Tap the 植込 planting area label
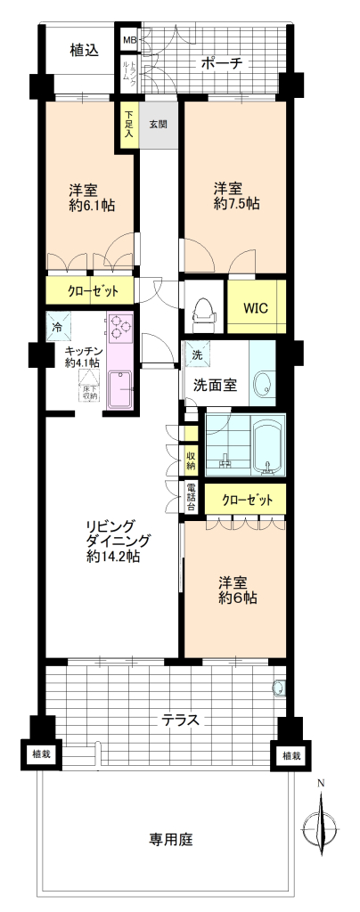[x=84, y=50]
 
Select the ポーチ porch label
[x=221, y=63]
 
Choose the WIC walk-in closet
[x=257, y=306]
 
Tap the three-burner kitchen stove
[x=119, y=328]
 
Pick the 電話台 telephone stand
[x=190, y=498]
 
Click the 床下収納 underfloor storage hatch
[x=90, y=387]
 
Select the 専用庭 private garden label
[x=171, y=839]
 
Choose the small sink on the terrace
[x=280, y=688]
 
